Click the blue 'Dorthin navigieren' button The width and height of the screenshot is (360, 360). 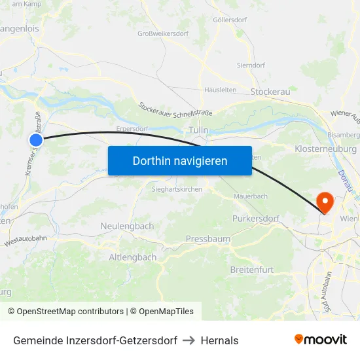pos(180,160)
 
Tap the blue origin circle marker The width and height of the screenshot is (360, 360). pos(36,139)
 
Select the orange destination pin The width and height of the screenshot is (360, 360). pos(324,201)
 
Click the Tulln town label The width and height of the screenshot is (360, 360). pos(198,130)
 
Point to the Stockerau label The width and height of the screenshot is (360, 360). pos(270,92)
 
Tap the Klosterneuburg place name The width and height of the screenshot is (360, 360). pos(326,149)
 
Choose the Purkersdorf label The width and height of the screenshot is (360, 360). pos(256,218)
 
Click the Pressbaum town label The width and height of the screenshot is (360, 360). pos(208,239)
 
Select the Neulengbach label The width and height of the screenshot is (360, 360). pos(127,226)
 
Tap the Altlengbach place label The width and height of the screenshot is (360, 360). pos(133,257)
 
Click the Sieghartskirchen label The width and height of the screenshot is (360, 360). pos(177,189)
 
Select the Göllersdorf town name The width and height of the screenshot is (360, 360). pos(230,20)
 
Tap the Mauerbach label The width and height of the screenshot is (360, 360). pos(251,196)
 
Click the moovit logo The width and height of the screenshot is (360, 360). pos(320,339)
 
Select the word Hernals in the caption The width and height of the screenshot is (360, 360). pos(219,340)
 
